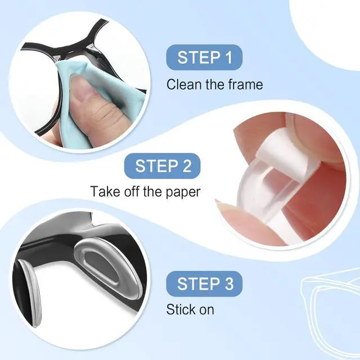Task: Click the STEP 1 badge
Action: point(204,57)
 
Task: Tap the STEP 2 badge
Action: point(163,166)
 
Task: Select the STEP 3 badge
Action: point(204,283)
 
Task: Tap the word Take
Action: point(105,191)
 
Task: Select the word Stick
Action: point(179,309)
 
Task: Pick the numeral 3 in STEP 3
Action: point(229,283)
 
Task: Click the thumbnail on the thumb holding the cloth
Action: point(83,85)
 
